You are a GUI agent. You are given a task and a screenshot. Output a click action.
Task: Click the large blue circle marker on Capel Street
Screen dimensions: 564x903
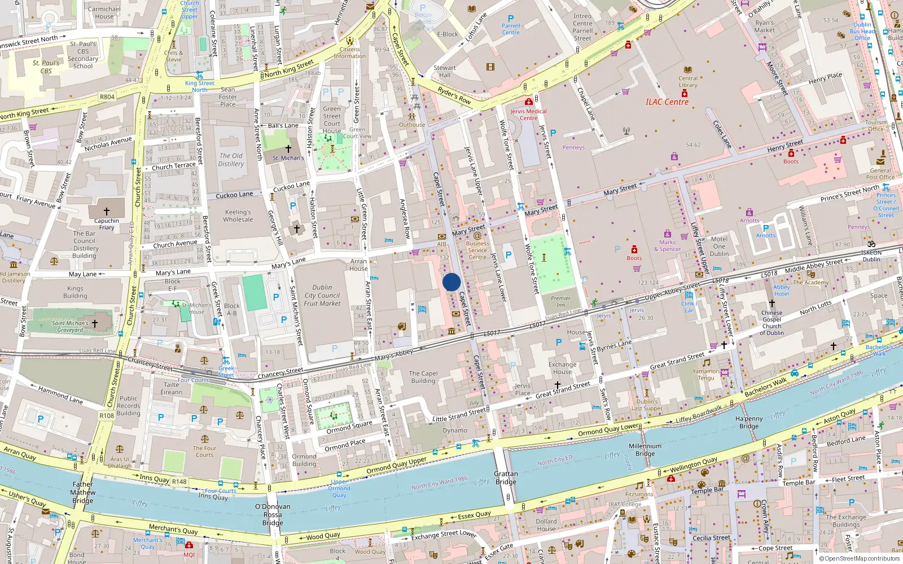point(451,282)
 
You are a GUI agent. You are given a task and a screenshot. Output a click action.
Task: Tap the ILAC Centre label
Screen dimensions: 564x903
point(667,102)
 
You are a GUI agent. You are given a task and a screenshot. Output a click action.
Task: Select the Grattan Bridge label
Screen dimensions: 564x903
point(506,478)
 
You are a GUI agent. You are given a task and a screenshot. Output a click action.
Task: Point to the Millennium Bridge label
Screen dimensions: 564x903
point(645,450)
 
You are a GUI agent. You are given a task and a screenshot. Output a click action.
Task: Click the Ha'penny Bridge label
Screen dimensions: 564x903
point(749,422)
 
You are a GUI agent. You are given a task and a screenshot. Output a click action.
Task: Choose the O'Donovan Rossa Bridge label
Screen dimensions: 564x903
point(273,514)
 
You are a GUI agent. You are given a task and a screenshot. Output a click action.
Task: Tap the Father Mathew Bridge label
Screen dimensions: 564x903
point(82,492)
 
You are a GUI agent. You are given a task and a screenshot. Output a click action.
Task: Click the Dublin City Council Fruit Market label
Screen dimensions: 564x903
point(322,296)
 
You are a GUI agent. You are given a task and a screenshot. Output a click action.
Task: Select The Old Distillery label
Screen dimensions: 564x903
point(231,160)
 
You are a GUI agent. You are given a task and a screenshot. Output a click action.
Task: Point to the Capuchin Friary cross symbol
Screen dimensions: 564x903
point(106,211)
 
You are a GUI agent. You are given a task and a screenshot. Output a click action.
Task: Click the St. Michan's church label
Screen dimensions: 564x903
point(288,158)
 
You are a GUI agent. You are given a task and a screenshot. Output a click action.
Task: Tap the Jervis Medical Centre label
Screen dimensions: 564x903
point(528,114)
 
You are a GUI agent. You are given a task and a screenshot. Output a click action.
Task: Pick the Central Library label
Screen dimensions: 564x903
point(687,82)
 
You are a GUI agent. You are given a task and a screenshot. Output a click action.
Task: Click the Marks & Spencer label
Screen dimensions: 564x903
point(667,245)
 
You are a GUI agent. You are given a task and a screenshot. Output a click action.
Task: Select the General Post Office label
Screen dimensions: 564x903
point(880,174)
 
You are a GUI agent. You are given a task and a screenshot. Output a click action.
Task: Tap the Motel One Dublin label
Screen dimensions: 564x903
point(719,246)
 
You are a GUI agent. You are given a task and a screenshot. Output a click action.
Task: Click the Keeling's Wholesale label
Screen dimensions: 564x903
point(238,215)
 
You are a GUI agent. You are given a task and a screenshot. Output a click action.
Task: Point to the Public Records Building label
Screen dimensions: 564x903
point(128,406)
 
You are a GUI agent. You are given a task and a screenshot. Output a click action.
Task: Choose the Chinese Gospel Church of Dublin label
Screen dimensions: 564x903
point(772,323)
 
